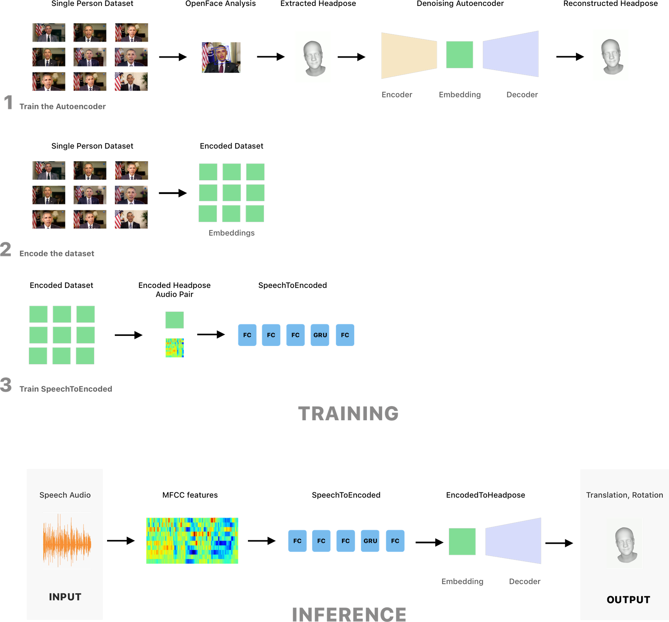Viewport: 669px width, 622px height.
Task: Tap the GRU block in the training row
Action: (320, 335)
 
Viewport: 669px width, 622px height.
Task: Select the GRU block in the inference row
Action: (370, 541)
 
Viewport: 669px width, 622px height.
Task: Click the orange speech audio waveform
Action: (67, 541)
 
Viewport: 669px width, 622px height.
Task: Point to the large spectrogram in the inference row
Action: (192, 541)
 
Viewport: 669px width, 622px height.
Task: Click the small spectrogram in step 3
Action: (175, 348)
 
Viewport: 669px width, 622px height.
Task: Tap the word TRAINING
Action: (348, 414)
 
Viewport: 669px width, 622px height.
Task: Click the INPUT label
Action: (65, 597)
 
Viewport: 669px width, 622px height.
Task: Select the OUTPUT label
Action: (628, 600)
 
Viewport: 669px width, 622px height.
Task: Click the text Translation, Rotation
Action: (624, 495)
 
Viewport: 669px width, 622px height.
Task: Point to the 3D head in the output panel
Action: (625, 543)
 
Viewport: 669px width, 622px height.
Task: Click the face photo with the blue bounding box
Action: (222, 58)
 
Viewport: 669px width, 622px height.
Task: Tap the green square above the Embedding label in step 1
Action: (460, 55)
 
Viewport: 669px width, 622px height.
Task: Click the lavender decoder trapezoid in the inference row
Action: (513, 541)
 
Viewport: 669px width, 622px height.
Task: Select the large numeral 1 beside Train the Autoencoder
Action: (8, 103)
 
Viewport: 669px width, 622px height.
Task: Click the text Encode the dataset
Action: (57, 253)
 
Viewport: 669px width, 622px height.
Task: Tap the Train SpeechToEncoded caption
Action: (65, 389)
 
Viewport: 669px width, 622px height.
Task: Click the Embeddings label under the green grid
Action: (232, 233)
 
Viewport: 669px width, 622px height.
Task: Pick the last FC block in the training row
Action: (345, 335)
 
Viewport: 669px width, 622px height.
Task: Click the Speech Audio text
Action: (65, 495)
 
